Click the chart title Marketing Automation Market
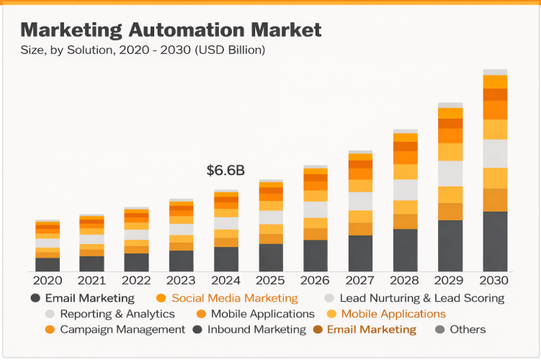[x=171, y=30]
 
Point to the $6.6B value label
[x=225, y=171]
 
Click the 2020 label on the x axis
[x=48, y=281]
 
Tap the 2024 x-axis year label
[x=225, y=281]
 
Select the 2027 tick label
[x=360, y=281]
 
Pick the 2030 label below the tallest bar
[x=494, y=281]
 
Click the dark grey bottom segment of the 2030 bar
[x=494, y=241]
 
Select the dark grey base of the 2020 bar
[x=48, y=264]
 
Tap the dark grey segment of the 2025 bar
[x=271, y=257]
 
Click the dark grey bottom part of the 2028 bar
[x=405, y=250]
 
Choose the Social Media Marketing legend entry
[x=234, y=298]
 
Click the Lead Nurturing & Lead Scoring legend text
[x=421, y=298]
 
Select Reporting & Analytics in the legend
[x=117, y=314]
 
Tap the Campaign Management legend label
[x=122, y=330]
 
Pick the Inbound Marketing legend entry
[x=256, y=330]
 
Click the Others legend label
[x=468, y=330]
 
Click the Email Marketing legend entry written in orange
[x=371, y=330]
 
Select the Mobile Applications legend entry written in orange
[x=393, y=314]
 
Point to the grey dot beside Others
[x=440, y=330]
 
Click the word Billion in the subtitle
[x=243, y=50]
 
